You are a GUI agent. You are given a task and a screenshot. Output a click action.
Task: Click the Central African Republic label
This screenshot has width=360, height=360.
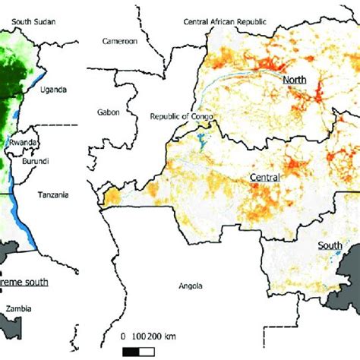click(x=226, y=23)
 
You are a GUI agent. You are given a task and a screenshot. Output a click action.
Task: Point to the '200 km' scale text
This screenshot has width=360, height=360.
click(x=167, y=336)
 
